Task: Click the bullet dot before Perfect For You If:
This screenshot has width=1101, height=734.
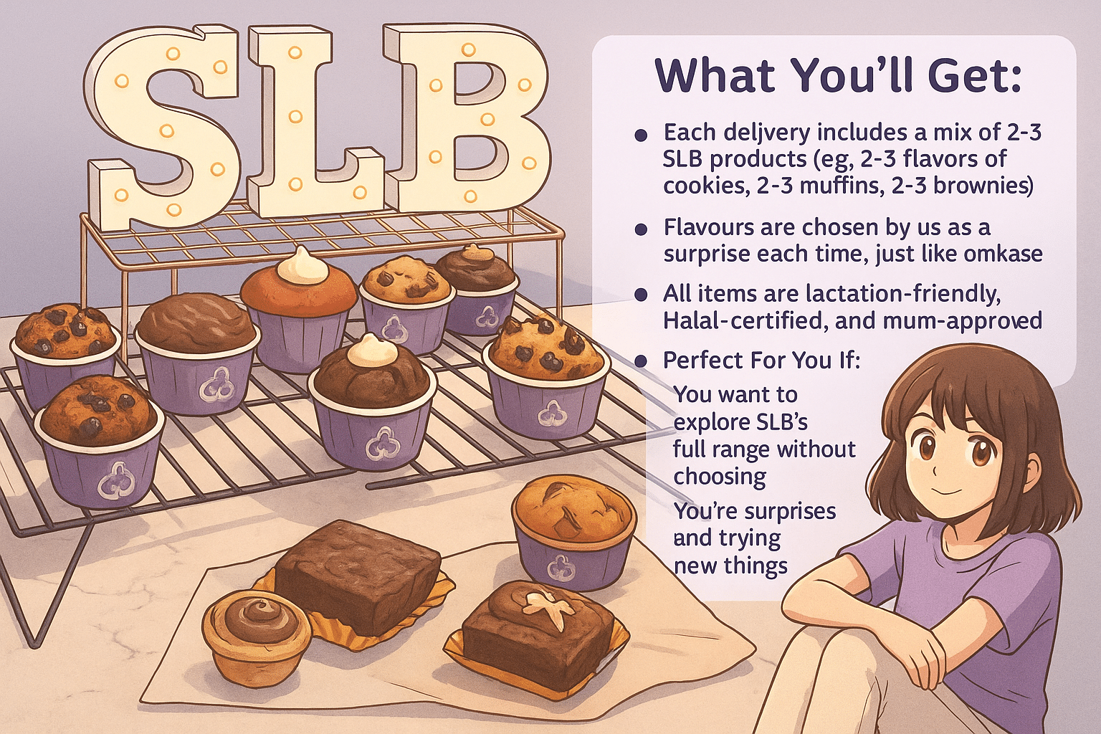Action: click(x=640, y=362)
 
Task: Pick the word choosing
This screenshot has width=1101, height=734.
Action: click(x=720, y=477)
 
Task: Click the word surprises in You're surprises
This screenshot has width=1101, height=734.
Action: click(x=789, y=511)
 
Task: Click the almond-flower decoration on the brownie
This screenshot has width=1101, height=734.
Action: click(x=550, y=608)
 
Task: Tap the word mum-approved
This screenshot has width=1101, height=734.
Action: click(x=963, y=321)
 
